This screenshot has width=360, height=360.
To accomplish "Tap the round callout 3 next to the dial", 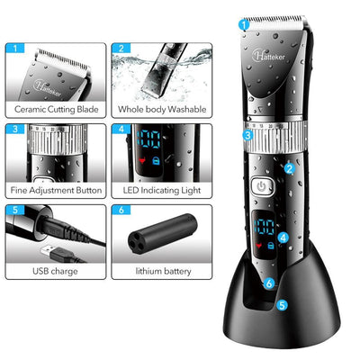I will (x=246, y=137).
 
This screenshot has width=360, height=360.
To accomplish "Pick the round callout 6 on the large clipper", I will (x=270, y=283).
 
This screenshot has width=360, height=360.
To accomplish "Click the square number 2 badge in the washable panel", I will (x=121, y=49).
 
